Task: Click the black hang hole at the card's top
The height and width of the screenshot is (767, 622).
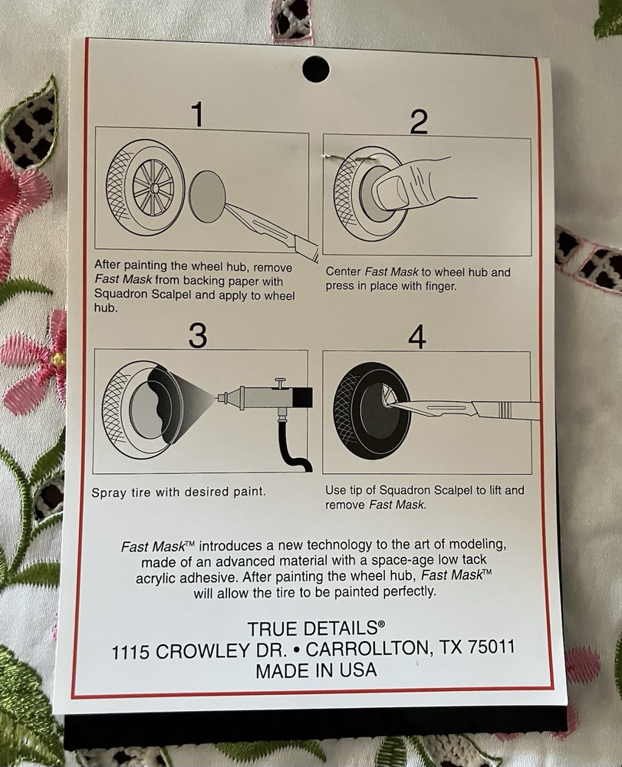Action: click(315, 69)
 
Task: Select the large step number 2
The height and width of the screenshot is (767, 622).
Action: click(419, 122)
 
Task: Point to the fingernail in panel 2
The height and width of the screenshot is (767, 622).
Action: click(393, 191)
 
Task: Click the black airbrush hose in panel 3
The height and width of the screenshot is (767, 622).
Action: click(295, 445)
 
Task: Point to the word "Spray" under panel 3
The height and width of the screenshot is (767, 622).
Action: click(109, 492)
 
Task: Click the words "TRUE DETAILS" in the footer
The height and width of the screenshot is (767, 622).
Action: click(313, 628)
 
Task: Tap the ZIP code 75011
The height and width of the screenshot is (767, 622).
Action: click(491, 647)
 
